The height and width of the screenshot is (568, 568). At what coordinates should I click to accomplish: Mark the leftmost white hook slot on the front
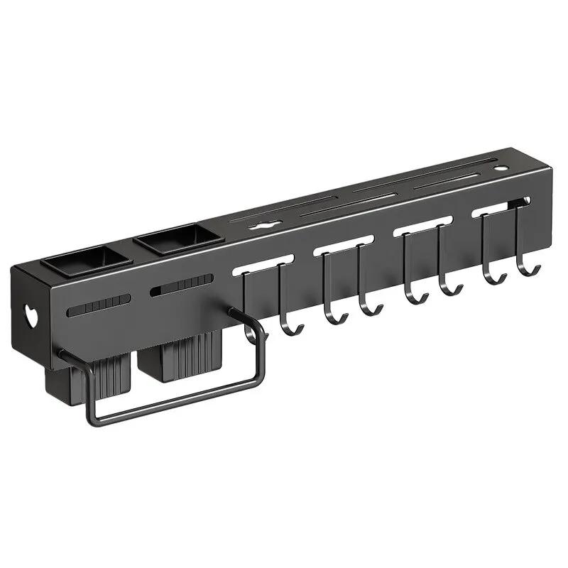[x=263, y=261]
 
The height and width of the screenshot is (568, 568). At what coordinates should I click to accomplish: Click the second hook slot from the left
[x=344, y=243]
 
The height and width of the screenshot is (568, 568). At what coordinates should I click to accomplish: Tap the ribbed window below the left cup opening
[x=99, y=305]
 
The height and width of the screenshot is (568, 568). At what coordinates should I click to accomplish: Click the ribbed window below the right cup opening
[x=182, y=285]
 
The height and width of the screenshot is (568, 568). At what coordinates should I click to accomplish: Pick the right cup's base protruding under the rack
[x=177, y=359]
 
